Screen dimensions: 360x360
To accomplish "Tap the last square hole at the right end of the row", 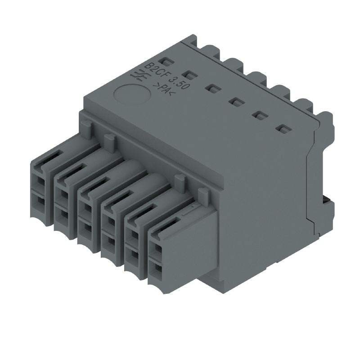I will coord(283,130).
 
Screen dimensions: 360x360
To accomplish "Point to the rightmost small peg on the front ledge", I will coord(204,196).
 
